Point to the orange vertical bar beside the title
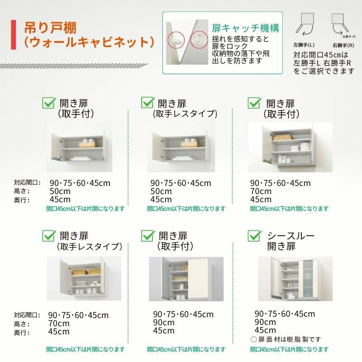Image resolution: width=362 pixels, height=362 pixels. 15,34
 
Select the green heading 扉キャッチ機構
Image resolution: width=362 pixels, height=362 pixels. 245,28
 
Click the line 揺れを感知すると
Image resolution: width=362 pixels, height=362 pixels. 240,39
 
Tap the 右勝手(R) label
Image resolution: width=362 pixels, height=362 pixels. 343,46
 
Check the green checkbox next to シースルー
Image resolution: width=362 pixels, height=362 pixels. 254,236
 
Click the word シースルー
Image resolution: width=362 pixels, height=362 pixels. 291,236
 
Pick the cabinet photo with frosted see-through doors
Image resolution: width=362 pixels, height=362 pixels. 295,278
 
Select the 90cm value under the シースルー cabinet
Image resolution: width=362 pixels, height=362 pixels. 265,322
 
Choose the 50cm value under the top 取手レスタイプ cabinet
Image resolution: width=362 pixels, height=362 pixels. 161,191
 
